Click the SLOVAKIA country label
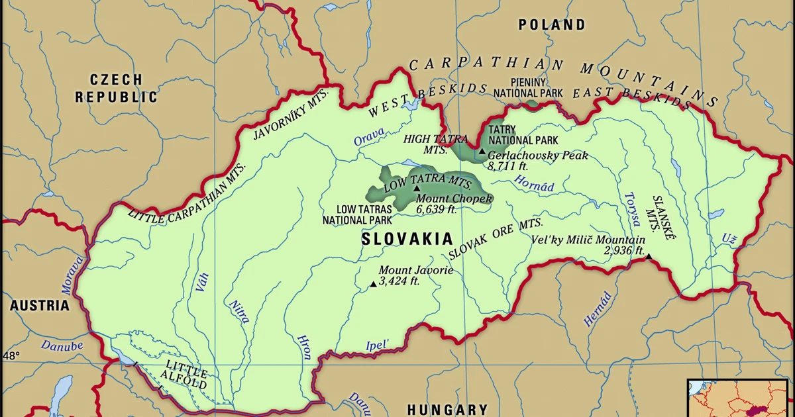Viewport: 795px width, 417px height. tap(407, 239)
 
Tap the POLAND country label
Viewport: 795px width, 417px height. tap(552, 25)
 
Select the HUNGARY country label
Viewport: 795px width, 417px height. tap(447, 409)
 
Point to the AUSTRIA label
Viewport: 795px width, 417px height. tap(39, 306)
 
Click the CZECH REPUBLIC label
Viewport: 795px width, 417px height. tap(116, 88)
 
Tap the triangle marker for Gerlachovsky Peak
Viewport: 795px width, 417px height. tap(482, 152)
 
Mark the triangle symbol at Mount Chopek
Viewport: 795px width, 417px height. tap(417, 189)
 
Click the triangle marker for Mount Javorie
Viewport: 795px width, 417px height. tap(374, 284)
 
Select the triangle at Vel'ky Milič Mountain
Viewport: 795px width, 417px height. tap(649, 257)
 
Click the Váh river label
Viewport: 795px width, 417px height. tap(202, 282)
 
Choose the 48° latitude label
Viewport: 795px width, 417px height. tap(11, 356)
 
